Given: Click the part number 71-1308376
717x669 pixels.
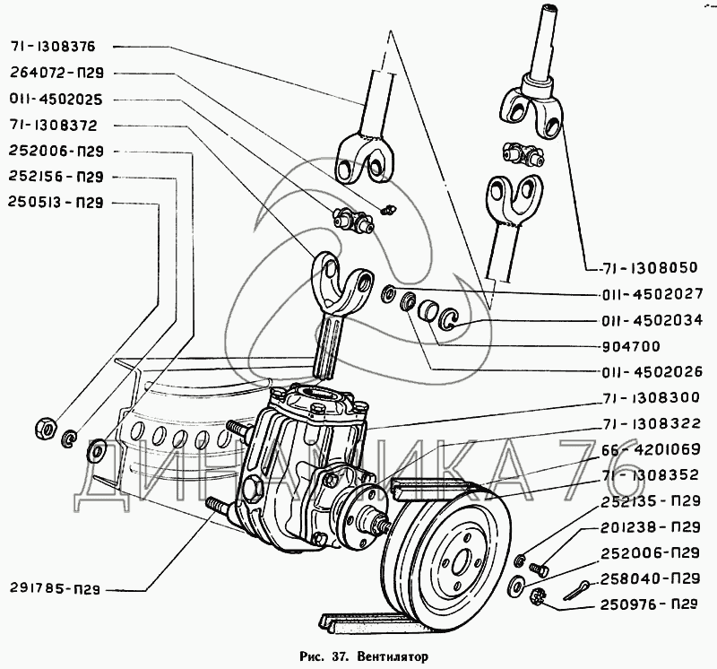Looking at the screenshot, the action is click(x=52, y=47).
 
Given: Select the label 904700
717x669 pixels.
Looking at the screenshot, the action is click(x=631, y=346).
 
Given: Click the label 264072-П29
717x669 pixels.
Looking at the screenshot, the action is click(x=56, y=73).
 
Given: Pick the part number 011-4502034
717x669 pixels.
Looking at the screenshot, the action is click(x=652, y=320).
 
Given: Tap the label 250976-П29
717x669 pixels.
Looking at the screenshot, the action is click(x=649, y=604).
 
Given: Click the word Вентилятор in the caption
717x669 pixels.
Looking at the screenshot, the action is click(x=393, y=656).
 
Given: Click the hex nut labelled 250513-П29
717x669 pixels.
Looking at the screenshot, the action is click(x=46, y=426).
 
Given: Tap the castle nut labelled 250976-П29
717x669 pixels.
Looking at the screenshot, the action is click(x=539, y=595).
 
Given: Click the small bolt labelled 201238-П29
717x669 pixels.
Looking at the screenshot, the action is click(x=539, y=569).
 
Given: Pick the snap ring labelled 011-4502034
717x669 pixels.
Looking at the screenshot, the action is click(x=447, y=318).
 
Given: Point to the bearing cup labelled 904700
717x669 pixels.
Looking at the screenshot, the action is click(x=428, y=311).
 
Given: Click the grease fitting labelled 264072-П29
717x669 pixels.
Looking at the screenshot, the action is click(x=389, y=209).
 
